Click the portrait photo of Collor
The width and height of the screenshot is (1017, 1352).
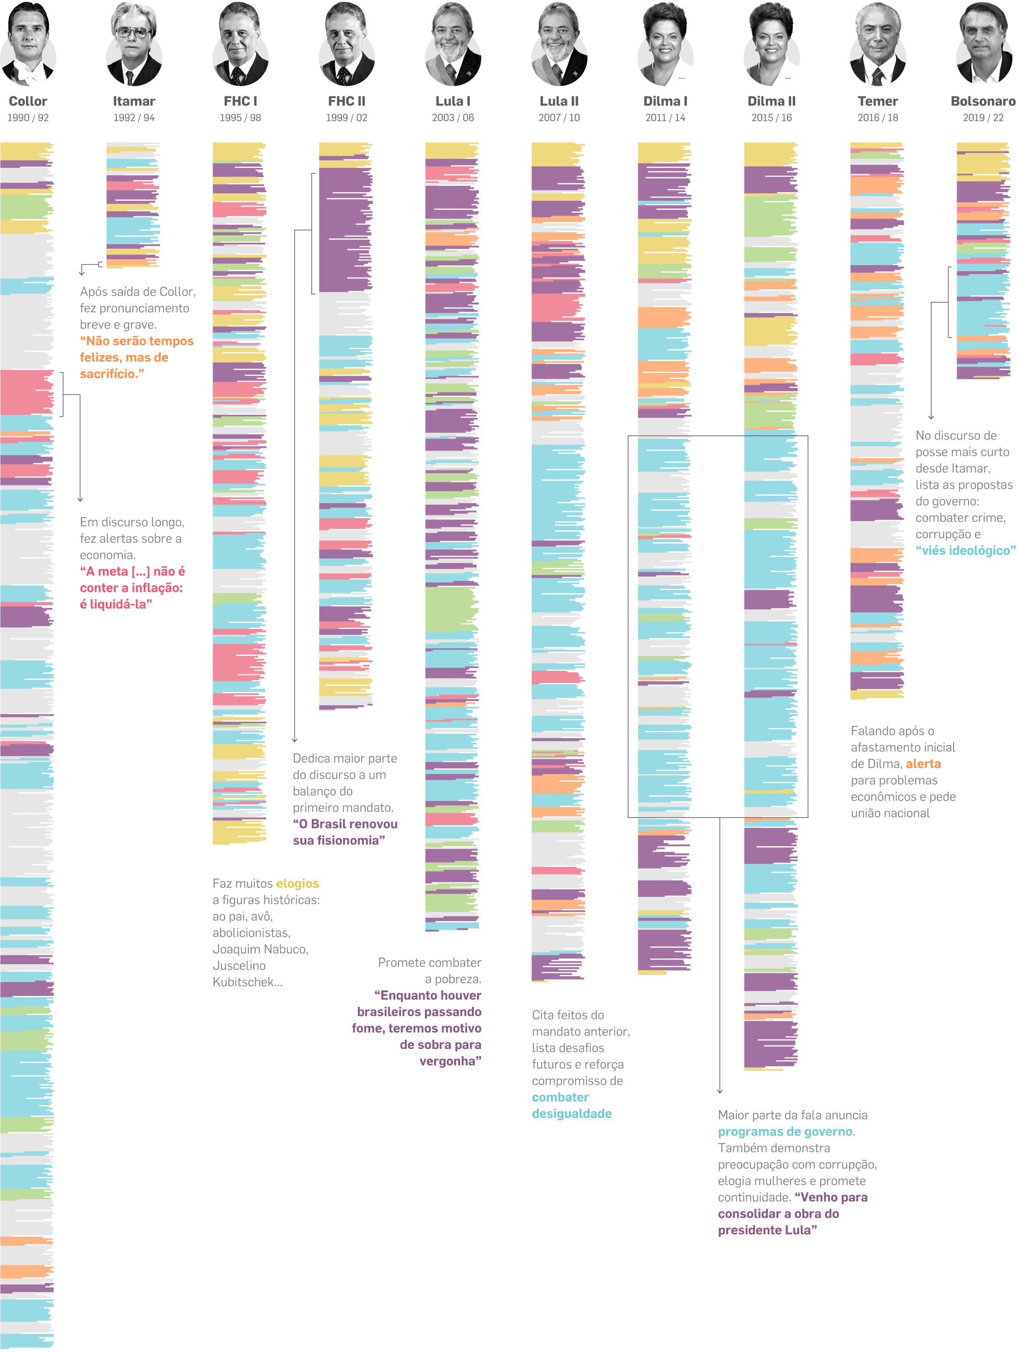[x=28, y=44]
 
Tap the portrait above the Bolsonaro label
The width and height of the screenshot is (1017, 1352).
[x=983, y=44]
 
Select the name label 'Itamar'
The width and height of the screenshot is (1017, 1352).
[x=134, y=101]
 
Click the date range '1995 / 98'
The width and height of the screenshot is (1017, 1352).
[x=240, y=118]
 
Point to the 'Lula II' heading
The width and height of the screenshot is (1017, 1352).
[x=559, y=101]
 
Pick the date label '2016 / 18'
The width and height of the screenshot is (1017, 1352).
[x=878, y=118]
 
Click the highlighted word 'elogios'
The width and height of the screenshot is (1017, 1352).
[x=297, y=883]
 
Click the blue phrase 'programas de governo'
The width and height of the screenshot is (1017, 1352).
[x=785, y=1132]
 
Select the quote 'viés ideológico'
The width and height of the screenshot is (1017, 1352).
[x=965, y=550]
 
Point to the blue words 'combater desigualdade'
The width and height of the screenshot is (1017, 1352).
[x=571, y=1105]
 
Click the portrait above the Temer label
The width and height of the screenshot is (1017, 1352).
[x=878, y=44]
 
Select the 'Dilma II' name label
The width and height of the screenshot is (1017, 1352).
[x=771, y=101]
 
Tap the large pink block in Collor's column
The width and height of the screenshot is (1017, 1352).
[x=26, y=393]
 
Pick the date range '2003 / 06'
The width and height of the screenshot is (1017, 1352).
[x=453, y=118]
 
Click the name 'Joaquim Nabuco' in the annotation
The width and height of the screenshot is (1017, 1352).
[x=260, y=949]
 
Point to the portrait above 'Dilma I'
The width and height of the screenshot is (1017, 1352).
[x=665, y=44]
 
